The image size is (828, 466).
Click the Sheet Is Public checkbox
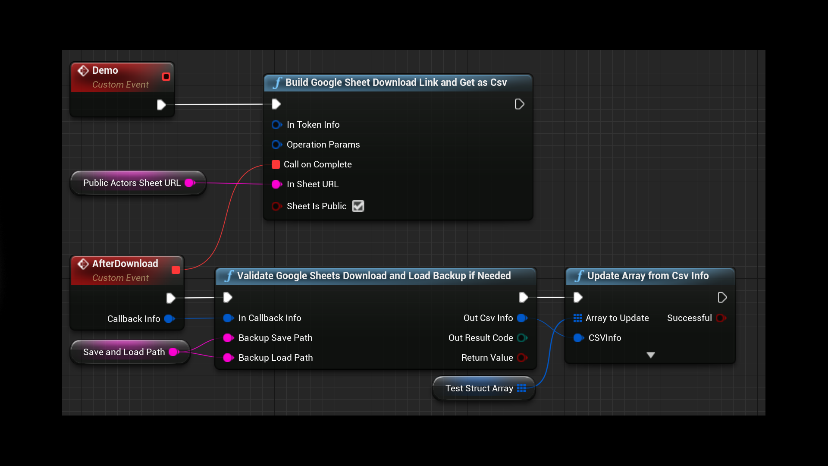pyautogui.click(x=358, y=206)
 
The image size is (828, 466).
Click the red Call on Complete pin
pyautogui.click(x=276, y=164)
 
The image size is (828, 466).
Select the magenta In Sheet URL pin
pyautogui.click(x=276, y=184)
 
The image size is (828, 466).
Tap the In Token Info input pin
pyautogui.click(x=276, y=125)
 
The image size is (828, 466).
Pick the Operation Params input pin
pyautogui.click(x=276, y=145)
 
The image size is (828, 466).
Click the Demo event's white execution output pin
pyautogui.click(x=161, y=105)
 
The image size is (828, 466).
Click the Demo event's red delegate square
pyautogui.click(x=166, y=77)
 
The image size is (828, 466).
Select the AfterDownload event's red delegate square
pyautogui.click(x=176, y=270)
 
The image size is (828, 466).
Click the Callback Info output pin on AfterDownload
pyautogui.click(x=169, y=319)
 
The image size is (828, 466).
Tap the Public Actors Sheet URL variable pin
pyautogui.click(x=189, y=183)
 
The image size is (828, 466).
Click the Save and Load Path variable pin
pyautogui.click(x=173, y=352)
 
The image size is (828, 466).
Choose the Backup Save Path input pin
pyautogui.click(x=228, y=338)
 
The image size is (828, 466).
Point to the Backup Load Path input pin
pyautogui.click(x=228, y=358)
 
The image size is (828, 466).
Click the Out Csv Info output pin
pyautogui.click(x=522, y=318)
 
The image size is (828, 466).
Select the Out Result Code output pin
pyautogui.click(x=522, y=338)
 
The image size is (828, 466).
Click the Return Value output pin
pyautogui.click(x=522, y=358)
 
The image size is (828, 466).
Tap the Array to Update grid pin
pyautogui.click(x=577, y=318)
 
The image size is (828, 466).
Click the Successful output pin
pyautogui.click(x=720, y=318)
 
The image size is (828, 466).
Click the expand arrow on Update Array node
pyautogui.click(x=651, y=355)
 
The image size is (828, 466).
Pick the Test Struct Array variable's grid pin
pyautogui.click(x=521, y=388)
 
